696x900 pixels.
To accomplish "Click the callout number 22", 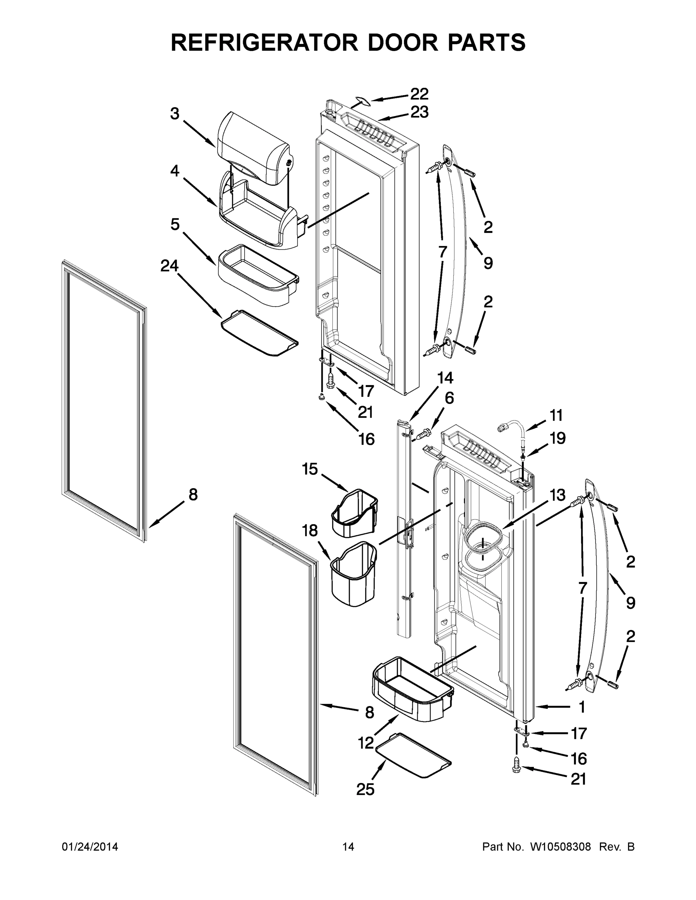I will (x=419, y=94).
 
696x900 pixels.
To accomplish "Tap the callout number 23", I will (x=419, y=112).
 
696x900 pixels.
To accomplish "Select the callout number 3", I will (x=175, y=114).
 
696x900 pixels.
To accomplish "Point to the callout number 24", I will (x=169, y=266).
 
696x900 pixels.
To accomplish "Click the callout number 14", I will (x=445, y=378).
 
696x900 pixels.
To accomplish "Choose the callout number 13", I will (x=557, y=495).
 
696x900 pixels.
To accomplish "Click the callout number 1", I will (x=582, y=707).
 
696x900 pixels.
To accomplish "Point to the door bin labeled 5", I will (x=258, y=276).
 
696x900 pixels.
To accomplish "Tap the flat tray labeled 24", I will (x=259, y=334).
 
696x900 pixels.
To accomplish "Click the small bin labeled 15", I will (x=355, y=513).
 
